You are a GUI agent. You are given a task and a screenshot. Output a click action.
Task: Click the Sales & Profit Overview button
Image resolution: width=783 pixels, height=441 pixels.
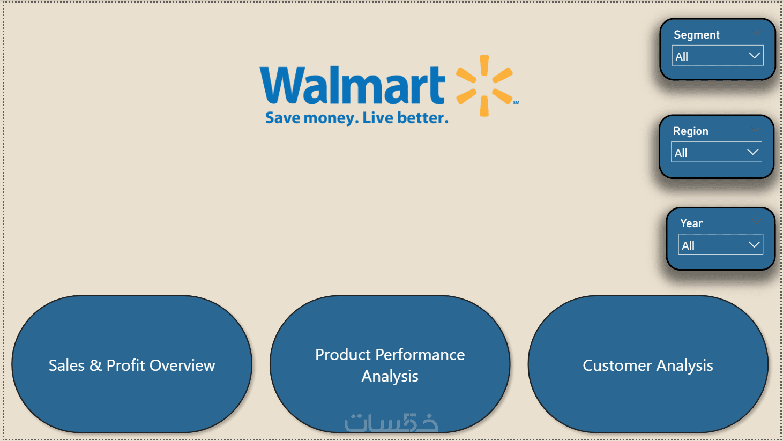pos(132,364)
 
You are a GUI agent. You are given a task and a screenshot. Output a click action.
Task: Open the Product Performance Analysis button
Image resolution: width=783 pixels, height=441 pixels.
pos(390,364)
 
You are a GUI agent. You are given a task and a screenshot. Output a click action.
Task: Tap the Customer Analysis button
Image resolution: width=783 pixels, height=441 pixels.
pos(648,364)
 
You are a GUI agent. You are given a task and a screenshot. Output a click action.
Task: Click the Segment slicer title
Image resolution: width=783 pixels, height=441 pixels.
pos(696,35)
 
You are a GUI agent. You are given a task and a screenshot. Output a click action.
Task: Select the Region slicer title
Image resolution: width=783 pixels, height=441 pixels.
pos(690,131)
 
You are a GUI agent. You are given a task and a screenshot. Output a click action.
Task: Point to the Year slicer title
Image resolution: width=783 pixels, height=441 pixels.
pos(691,223)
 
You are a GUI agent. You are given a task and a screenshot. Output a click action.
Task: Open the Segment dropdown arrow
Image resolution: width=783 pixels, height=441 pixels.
pos(755,56)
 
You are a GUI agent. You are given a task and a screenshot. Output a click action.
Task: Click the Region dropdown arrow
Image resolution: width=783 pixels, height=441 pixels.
pos(753,152)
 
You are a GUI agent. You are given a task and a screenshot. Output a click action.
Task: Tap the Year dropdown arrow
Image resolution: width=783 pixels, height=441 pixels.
pos(754,244)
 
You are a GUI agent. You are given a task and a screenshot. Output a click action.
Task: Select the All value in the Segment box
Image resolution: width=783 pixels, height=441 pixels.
pos(682,56)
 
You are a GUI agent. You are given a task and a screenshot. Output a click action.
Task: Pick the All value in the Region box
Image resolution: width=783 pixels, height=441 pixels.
pos(681,153)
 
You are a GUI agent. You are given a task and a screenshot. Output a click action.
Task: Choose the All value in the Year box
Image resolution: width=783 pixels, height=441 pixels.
pos(688,245)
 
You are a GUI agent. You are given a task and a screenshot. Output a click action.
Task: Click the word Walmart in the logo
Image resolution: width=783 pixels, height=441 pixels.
pos(352,85)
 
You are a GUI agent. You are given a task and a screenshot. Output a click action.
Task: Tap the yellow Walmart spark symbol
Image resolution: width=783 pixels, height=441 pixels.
pos(484,86)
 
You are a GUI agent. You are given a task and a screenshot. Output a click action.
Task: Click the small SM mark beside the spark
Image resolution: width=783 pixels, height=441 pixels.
pos(516,102)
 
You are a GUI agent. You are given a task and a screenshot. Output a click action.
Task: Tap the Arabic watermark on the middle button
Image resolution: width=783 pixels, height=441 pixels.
pos(391,422)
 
